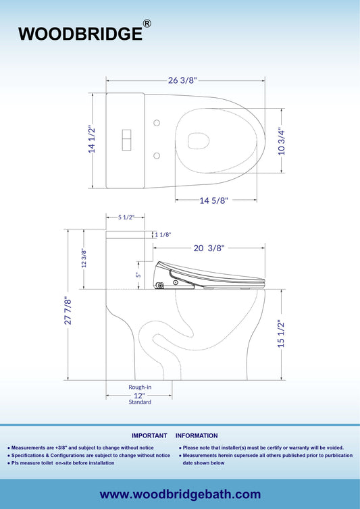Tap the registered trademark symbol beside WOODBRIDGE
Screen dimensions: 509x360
(x=147, y=24)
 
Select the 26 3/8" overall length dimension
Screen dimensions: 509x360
(x=182, y=80)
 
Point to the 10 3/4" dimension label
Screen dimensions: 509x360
(x=282, y=141)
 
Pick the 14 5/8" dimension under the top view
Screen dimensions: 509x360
(x=214, y=200)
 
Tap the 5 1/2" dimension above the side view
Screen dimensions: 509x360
(x=126, y=217)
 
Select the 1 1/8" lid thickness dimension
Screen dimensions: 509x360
(x=163, y=235)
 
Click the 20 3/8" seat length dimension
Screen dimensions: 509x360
(x=209, y=248)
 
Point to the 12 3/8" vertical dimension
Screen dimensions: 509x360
(x=84, y=258)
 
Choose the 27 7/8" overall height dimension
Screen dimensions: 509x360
(x=67, y=312)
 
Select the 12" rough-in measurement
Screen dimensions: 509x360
(x=139, y=394)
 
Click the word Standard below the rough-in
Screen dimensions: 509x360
(x=140, y=402)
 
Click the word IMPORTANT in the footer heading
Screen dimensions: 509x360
(x=149, y=436)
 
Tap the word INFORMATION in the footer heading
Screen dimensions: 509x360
(x=197, y=436)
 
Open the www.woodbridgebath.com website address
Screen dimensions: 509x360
(x=180, y=495)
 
